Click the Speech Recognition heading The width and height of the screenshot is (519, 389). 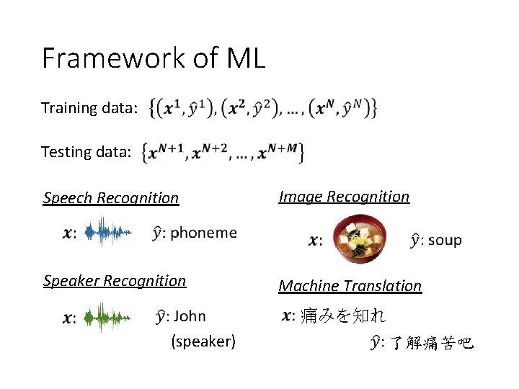[111, 197]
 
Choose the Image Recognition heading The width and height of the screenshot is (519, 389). [344, 197]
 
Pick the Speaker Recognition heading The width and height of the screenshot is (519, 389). [115, 281]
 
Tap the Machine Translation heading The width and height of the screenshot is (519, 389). [350, 286]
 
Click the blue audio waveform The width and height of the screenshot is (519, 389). [108, 233]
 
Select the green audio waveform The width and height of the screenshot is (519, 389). [108, 317]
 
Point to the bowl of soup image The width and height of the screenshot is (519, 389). [361, 238]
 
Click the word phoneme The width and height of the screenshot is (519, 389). [203, 232]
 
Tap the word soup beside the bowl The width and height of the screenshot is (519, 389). [445, 240]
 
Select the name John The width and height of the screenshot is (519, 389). [190, 316]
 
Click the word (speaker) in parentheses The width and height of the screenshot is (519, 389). [203, 341]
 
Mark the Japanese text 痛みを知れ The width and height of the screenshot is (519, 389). [343, 316]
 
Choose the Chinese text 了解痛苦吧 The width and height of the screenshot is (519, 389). [432, 344]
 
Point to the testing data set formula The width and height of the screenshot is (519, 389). [223, 152]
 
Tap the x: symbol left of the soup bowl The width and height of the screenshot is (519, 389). [316, 241]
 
